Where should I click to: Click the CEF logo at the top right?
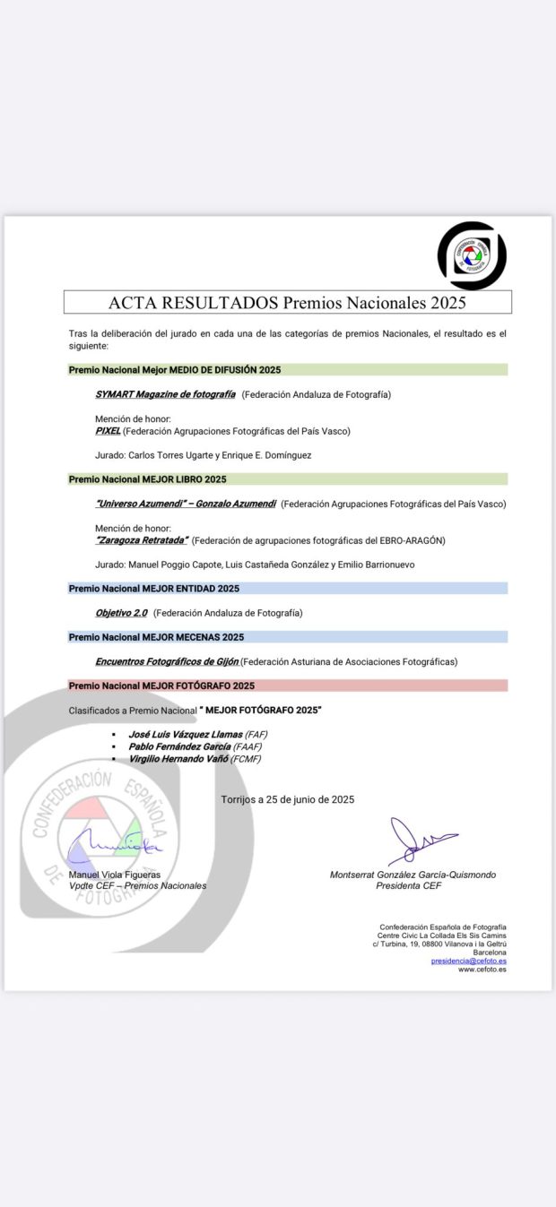tap(472, 255)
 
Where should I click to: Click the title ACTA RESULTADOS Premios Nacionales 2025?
tap(287, 303)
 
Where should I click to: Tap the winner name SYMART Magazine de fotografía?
tap(165, 394)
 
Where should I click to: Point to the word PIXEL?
tap(108, 431)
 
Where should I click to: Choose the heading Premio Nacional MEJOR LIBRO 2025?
tap(147, 479)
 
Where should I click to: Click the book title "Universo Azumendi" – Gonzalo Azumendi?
tap(186, 504)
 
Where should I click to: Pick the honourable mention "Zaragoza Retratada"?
tap(142, 540)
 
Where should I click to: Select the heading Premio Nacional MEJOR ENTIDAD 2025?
tap(153, 589)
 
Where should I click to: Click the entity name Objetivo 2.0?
tap(121, 613)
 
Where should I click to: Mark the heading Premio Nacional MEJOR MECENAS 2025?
tap(156, 637)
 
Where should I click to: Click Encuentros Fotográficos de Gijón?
tap(167, 661)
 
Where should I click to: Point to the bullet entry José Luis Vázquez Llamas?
tap(186, 734)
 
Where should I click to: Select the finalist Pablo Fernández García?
tap(179, 746)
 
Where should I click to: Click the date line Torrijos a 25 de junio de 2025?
tap(287, 799)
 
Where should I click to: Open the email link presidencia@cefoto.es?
tap(468, 961)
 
